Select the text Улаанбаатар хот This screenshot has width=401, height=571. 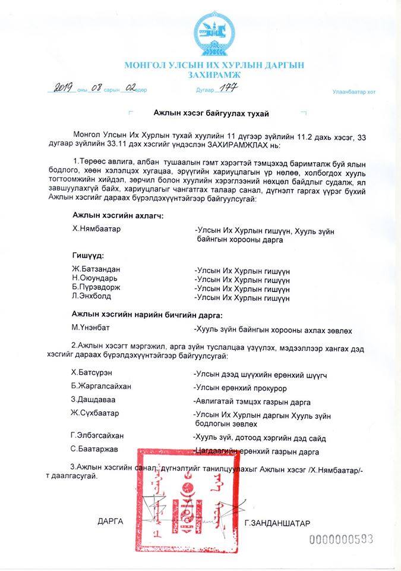354,92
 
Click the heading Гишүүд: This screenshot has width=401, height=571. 88,255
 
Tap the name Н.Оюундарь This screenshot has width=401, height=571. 95,278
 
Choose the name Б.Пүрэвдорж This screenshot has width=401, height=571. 96,287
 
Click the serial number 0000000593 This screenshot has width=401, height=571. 340,539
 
